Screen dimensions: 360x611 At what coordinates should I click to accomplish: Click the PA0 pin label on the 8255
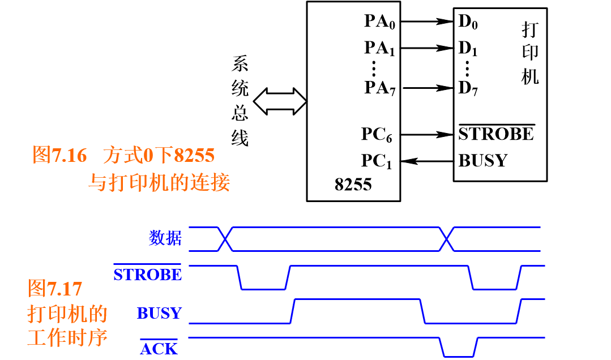[x=379, y=22]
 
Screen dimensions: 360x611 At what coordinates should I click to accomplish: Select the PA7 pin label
[x=379, y=88]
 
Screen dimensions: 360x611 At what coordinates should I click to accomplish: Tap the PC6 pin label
[x=377, y=135]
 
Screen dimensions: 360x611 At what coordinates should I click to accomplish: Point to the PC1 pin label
[x=377, y=161]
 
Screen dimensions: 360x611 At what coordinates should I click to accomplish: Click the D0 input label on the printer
[x=468, y=22]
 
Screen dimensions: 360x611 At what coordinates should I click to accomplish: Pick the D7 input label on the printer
[x=468, y=88]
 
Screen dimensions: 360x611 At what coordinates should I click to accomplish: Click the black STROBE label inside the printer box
[x=496, y=134]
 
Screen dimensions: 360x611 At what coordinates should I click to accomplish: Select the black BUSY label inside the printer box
[x=482, y=161]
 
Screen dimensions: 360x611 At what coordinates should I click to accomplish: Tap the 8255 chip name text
[x=353, y=185]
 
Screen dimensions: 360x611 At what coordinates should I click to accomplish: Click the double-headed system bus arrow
[x=280, y=101]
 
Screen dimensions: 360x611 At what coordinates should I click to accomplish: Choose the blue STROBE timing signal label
[x=148, y=275]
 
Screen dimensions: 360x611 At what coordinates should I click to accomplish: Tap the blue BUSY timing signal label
[x=159, y=313]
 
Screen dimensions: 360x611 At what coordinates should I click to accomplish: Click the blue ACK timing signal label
[x=159, y=349]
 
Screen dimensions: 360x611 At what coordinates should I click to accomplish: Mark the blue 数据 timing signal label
[x=165, y=238]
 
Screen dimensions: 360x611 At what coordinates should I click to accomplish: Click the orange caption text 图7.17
[x=55, y=289]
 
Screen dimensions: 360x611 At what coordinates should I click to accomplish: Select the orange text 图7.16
[x=59, y=155]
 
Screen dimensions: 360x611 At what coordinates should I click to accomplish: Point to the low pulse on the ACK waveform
[x=459, y=356]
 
